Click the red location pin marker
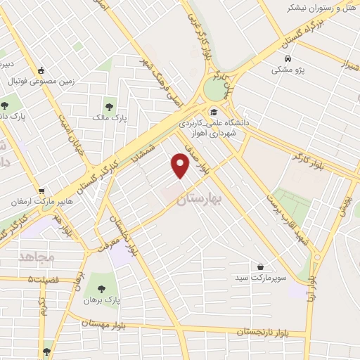tap(181, 166)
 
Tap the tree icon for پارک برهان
tap(101, 288)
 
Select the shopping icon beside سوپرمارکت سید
tap(261, 266)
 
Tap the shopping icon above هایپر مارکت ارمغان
tap(41, 190)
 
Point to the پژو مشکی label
tap(288, 70)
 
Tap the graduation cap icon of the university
tap(213, 110)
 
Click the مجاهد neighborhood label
tap(37, 257)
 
